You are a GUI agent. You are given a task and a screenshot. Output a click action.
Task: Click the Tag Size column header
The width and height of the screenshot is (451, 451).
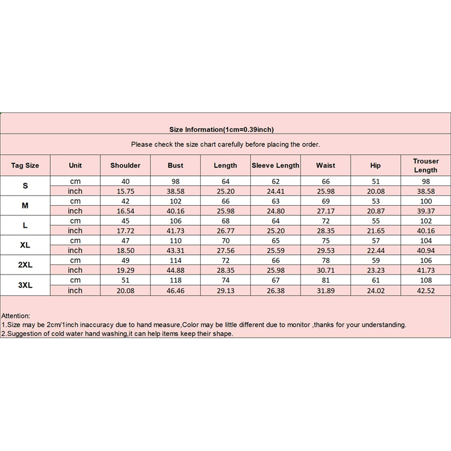coord(25,165)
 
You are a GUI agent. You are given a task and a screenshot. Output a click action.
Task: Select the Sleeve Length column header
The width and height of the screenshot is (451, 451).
coord(275,165)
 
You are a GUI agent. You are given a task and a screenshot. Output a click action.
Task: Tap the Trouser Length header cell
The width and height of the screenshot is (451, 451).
coord(426,165)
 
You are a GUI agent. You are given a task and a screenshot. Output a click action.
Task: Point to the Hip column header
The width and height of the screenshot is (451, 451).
coord(375,165)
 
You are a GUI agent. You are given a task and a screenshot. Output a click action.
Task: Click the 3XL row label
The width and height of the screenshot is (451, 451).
coord(25,285)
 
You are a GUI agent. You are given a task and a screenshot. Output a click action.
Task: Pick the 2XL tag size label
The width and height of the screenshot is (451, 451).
coord(25,266)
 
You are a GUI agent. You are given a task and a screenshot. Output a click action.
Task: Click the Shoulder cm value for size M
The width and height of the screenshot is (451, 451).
coord(125,201)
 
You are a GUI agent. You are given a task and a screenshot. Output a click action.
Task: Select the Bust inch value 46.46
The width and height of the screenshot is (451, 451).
coord(175,290)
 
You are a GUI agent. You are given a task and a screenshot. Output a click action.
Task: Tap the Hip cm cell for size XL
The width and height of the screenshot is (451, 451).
coord(375,241)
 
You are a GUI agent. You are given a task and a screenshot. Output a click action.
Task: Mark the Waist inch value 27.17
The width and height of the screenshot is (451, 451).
coord(325,211)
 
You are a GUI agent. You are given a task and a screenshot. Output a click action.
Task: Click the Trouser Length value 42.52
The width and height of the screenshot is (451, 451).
coord(426,290)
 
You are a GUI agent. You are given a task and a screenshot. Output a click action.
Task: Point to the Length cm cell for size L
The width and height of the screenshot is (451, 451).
coord(225,221)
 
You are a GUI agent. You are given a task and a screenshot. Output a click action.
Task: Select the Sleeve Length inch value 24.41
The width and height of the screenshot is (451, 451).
coord(275,191)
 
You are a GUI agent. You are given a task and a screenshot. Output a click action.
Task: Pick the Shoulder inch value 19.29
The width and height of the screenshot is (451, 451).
coord(125,271)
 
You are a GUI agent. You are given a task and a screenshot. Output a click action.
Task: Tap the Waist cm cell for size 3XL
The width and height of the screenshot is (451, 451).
coord(325,280)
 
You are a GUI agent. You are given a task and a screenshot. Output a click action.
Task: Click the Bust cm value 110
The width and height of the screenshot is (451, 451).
coord(175,241)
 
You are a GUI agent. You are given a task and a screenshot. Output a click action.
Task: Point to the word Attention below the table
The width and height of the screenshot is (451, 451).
coord(16,316)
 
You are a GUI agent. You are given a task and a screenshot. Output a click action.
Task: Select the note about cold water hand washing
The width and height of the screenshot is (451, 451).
coord(117,333)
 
